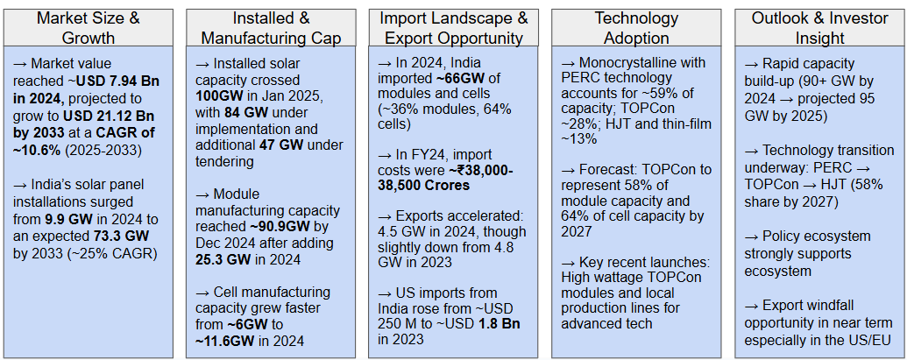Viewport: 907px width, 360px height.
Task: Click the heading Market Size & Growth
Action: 89,27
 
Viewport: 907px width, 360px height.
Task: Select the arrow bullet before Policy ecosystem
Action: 752,236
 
